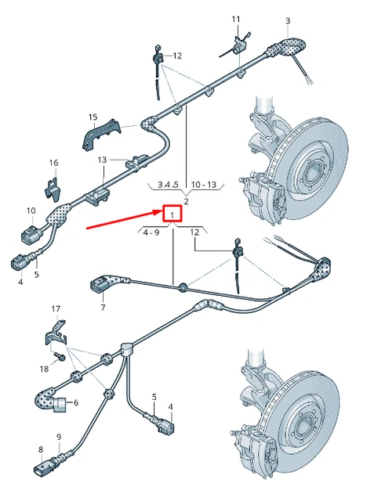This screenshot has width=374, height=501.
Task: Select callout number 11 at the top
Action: click(x=236, y=19)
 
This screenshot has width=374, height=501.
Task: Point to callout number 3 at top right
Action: click(x=288, y=20)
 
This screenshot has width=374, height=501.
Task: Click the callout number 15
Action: click(x=93, y=117)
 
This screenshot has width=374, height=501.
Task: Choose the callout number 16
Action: click(x=53, y=163)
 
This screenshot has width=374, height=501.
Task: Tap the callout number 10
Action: click(x=31, y=211)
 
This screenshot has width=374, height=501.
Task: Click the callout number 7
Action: click(x=102, y=308)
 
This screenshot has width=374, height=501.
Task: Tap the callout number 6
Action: click(x=76, y=403)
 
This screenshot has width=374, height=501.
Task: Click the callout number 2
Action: click(x=186, y=202)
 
